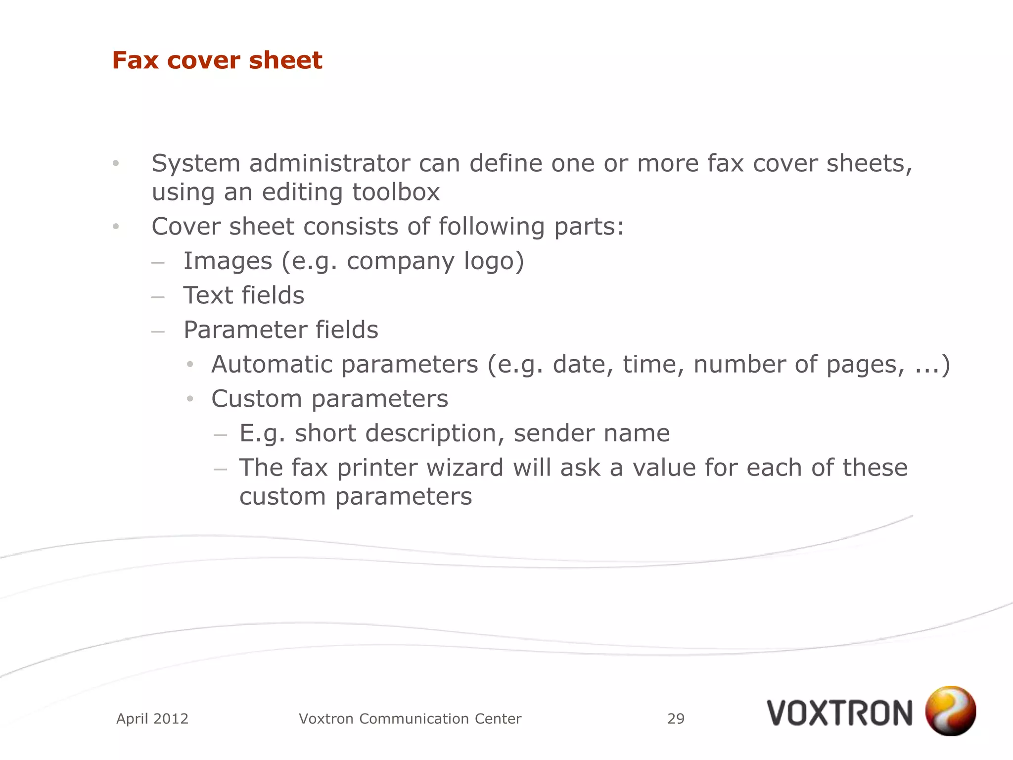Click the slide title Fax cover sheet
click(217, 60)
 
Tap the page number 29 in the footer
click(676, 718)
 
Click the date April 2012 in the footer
click(152, 718)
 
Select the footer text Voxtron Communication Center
click(410, 718)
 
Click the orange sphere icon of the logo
click(950, 711)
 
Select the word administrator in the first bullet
click(329, 163)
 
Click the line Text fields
click(244, 295)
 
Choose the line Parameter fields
click(280, 330)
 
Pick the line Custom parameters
click(329, 399)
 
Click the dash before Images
click(158, 263)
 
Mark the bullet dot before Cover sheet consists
click(116, 227)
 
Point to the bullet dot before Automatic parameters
click(190, 365)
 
